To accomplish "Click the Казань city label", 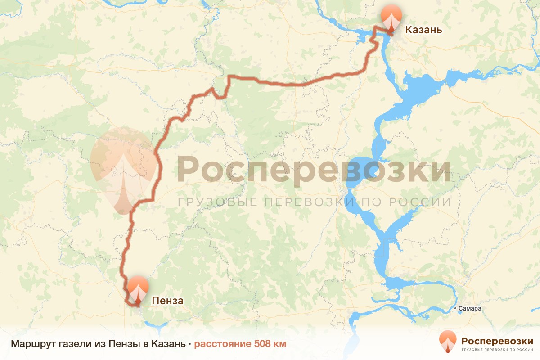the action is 423,30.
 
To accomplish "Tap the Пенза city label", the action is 167,301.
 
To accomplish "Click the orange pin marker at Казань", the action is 391,17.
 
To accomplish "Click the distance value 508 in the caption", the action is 263,344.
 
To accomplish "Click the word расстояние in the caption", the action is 223,344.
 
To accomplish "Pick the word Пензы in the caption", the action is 122,344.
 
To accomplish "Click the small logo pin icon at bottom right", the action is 448,341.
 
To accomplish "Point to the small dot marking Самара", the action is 456,309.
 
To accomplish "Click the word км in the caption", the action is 279,344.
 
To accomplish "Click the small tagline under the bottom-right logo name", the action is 497,349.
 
